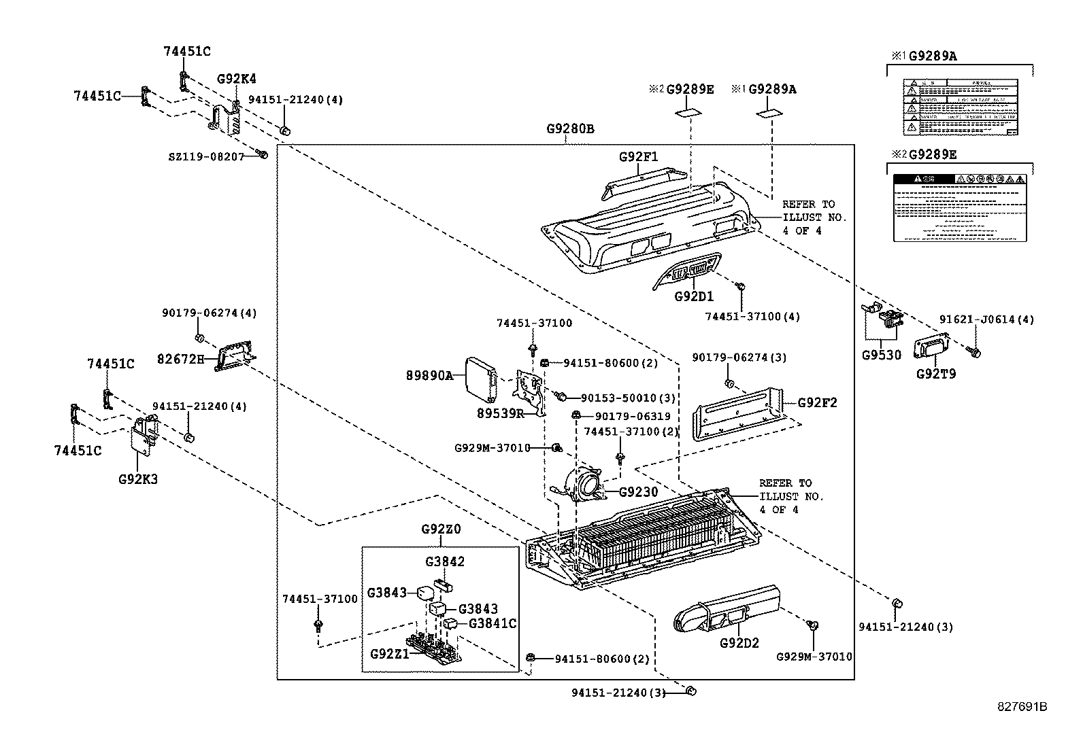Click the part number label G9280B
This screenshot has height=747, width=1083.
click(570, 128)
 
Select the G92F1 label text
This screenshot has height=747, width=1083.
click(638, 157)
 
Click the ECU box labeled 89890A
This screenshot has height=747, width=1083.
click(480, 376)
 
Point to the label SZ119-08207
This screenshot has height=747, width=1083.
click(206, 156)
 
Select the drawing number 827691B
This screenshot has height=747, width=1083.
click(1022, 707)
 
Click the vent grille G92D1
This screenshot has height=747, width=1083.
click(688, 272)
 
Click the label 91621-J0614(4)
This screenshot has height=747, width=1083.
click(986, 319)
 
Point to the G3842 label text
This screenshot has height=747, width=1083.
click(445, 561)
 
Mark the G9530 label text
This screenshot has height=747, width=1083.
click(881, 355)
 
